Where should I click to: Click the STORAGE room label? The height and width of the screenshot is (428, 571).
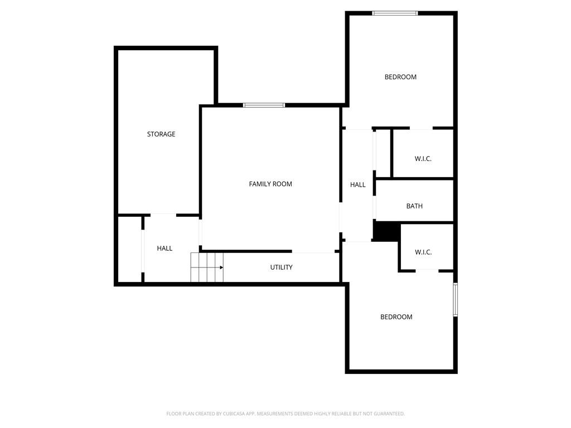click(x=161, y=134)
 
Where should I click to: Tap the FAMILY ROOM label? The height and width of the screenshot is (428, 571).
click(x=270, y=184)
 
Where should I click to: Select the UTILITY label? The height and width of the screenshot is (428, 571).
click(x=281, y=267)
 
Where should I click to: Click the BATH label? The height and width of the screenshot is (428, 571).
click(x=414, y=206)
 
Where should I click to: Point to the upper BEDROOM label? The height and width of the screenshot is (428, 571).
click(x=400, y=77)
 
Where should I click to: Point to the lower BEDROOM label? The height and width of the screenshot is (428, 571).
click(x=396, y=317)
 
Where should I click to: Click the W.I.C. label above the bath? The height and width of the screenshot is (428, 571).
click(x=423, y=159)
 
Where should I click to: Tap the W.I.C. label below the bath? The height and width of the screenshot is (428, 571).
click(x=423, y=252)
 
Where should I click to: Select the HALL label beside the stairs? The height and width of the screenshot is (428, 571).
click(x=164, y=248)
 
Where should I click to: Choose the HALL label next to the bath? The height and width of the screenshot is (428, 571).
click(x=357, y=185)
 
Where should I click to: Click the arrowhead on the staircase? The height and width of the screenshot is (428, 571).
click(x=221, y=267)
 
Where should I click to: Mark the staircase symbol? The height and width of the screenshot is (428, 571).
click(x=207, y=267)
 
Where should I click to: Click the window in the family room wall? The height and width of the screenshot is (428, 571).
click(x=264, y=105)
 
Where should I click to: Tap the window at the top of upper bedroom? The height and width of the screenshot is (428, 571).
click(x=395, y=13)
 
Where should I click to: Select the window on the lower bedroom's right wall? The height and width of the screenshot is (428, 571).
click(x=455, y=299)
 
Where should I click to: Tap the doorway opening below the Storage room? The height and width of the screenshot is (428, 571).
click(x=163, y=215)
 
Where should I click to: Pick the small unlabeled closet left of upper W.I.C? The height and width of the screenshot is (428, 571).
click(x=383, y=153)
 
